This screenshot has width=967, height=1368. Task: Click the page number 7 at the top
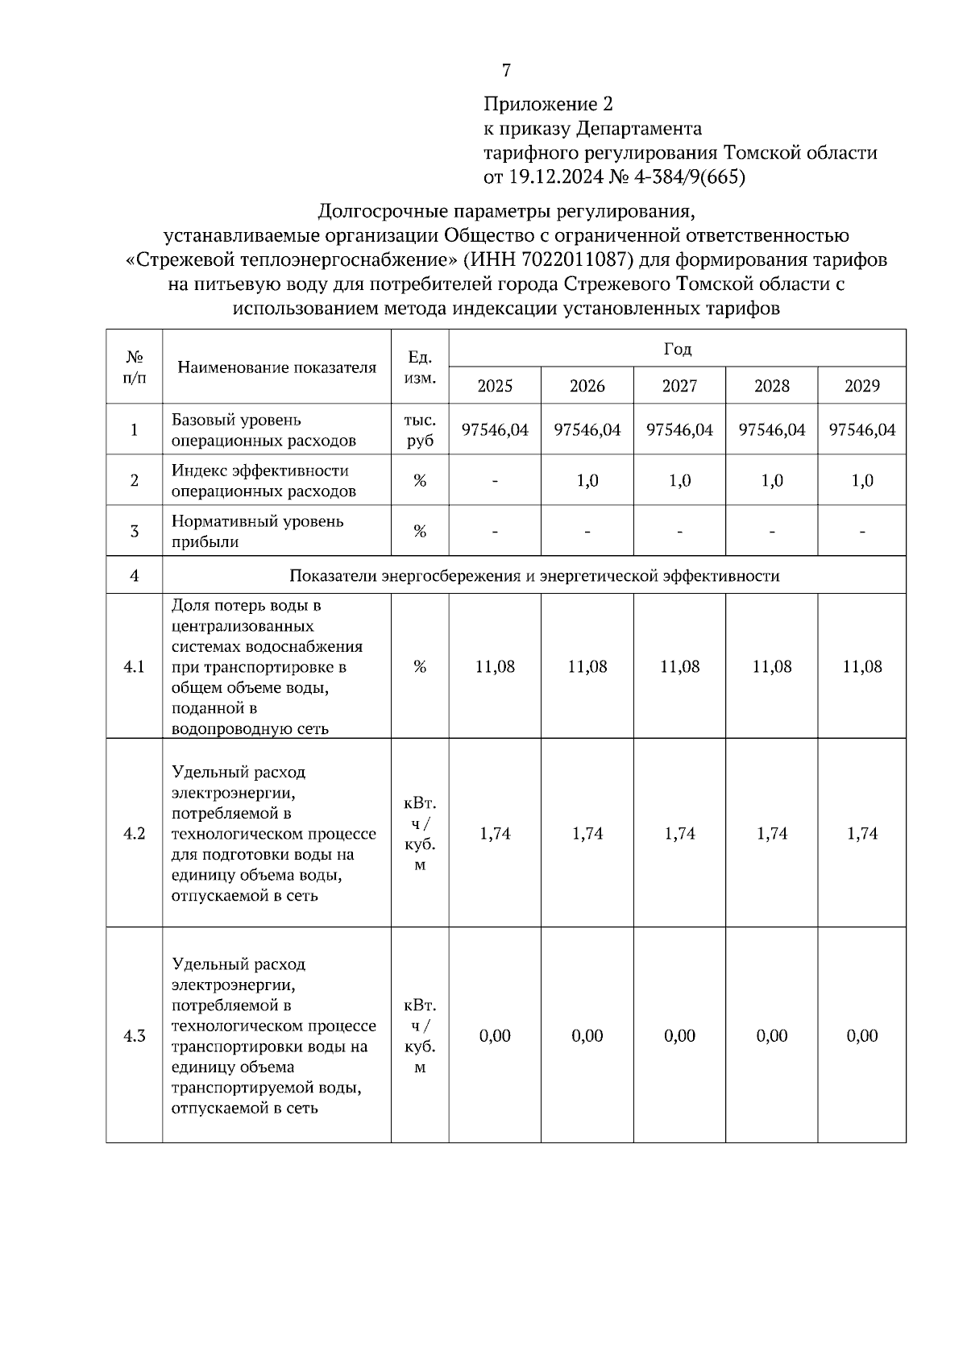click(x=506, y=71)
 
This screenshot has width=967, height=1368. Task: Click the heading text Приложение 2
click(x=548, y=104)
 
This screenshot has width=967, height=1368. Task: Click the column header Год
click(x=677, y=349)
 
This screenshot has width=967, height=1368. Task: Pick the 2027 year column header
click(x=679, y=386)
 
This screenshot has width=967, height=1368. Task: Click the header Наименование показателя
click(x=276, y=367)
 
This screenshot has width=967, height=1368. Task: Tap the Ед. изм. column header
click(x=420, y=367)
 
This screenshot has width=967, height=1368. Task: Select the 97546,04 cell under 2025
click(x=495, y=430)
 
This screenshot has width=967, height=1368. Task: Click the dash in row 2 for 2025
click(x=495, y=481)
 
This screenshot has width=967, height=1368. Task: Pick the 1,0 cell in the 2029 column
click(x=861, y=481)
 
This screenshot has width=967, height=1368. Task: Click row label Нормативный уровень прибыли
click(x=258, y=531)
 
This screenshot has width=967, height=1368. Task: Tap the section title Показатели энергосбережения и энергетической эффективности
click(x=534, y=576)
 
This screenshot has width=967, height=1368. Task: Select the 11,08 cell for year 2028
click(x=771, y=667)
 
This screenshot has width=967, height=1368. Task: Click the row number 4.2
click(x=134, y=834)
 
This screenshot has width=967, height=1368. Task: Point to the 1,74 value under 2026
click(x=587, y=834)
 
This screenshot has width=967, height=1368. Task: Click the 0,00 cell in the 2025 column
click(x=495, y=1036)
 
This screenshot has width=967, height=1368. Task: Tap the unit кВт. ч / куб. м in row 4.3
click(x=420, y=1036)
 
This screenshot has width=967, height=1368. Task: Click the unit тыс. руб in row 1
click(x=420, y=430)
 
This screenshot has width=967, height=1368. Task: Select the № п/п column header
click(x=134, y=367)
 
